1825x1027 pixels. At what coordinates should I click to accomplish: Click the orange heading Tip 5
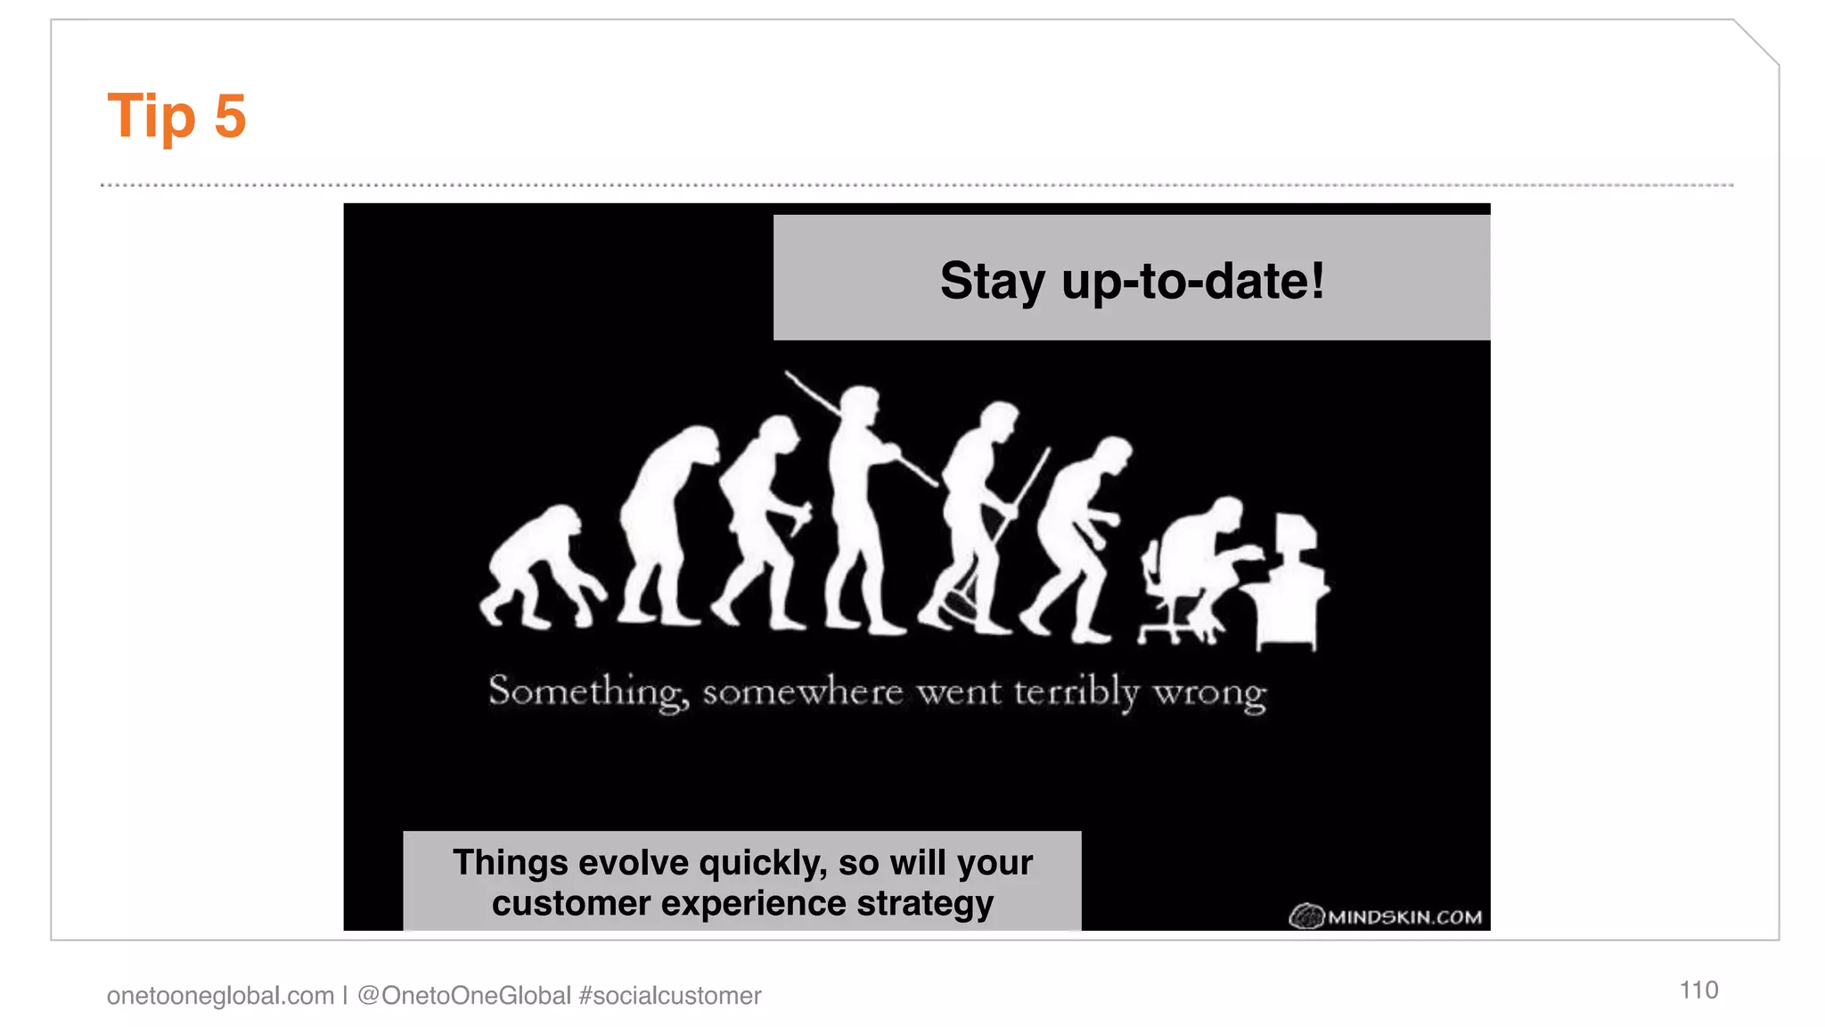pyautogui.click(x=176, y=116)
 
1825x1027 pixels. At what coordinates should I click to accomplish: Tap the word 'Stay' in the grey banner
pyautogui.click(x=992, y=282)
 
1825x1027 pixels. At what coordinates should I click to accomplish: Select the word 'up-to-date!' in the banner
pyautogui.click(x=1192, y=282)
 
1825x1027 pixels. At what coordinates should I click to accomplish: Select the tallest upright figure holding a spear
pyautogui.click(x=856, y=508)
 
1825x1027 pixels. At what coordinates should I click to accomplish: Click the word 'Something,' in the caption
pyautogui.click(x=588, y=692)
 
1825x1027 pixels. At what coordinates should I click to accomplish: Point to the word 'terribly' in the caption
pyautogui.click(x=1076, y=692)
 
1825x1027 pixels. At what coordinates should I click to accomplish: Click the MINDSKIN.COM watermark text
pyautogui.click(x=1404, y=917)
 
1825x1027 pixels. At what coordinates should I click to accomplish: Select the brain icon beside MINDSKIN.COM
pyautogui.click(x=1306, y=916)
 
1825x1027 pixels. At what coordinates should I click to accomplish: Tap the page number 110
pyautogui.click(x=1698, y=990)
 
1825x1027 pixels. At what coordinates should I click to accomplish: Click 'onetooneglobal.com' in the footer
pyautogui.click(x=220, y=995)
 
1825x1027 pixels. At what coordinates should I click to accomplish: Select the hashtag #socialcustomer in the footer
pyautogui.click(x=670, y=995)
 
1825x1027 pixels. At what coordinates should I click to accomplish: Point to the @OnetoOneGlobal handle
pyautogui.click(x=463, y=995)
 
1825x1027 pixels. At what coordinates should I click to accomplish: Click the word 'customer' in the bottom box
pyautogui.click(x=571, y=904)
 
